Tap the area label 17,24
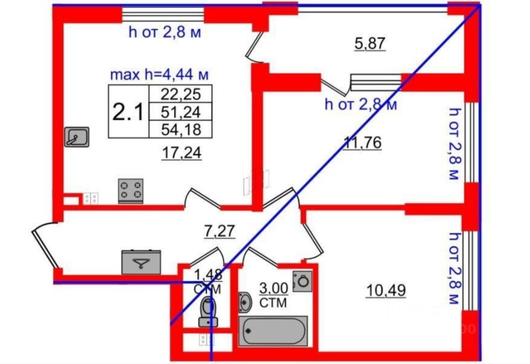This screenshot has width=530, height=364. pyautogui.click(x=182, y=154)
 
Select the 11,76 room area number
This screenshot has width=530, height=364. pyautogui.click(x=363, y=143)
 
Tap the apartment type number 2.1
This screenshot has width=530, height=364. pyautogui.click(x=128, y=112)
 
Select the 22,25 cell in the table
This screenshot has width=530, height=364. pyautogui.click(x=181, y=95)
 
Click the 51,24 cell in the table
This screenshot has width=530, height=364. pyautogui.click(x=181, y=112)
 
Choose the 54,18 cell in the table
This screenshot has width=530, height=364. pyautogui.click(x=181, y=129)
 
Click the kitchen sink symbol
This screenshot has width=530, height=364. pyautogui.click(x=77, y=137)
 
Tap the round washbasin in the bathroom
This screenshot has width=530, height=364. pyautogui.click(x=244, y=302)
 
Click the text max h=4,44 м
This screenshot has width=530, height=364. pyautogui.click(x=159, y=73)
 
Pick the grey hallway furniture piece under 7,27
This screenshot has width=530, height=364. pyautogui.click(x=141, y=262)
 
